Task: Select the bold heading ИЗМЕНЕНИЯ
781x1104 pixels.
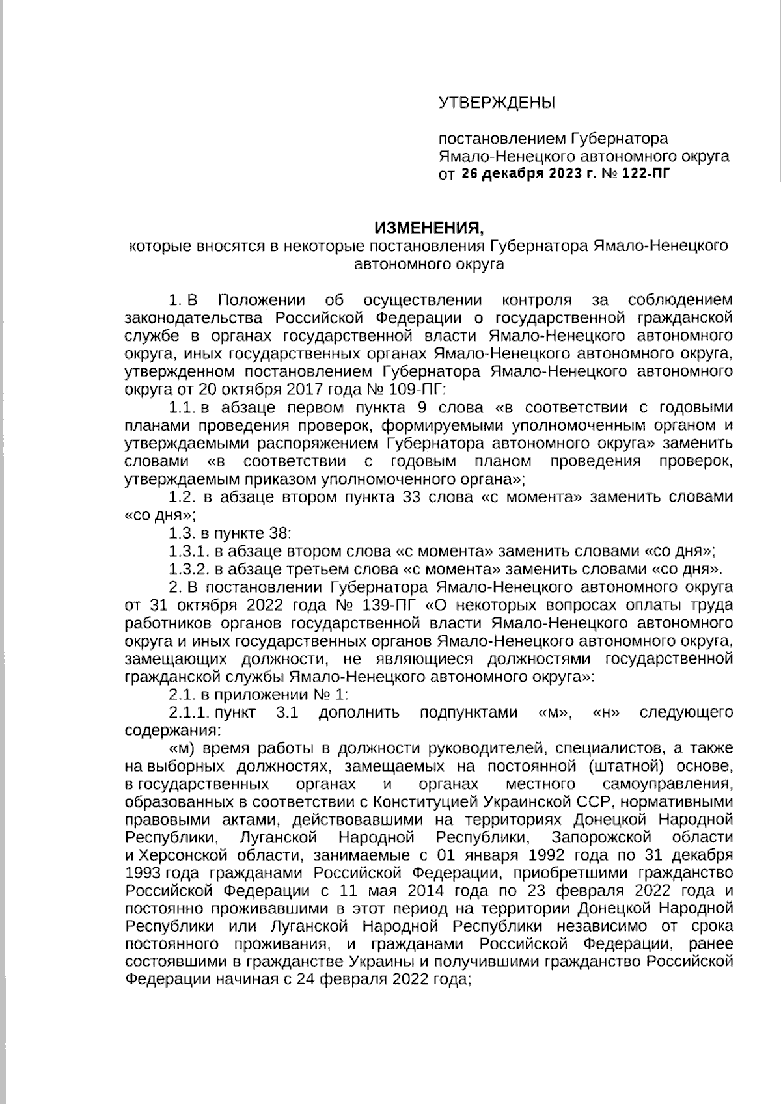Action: [x=430, y=228]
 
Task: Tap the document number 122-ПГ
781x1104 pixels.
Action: [x=644, y=174]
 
